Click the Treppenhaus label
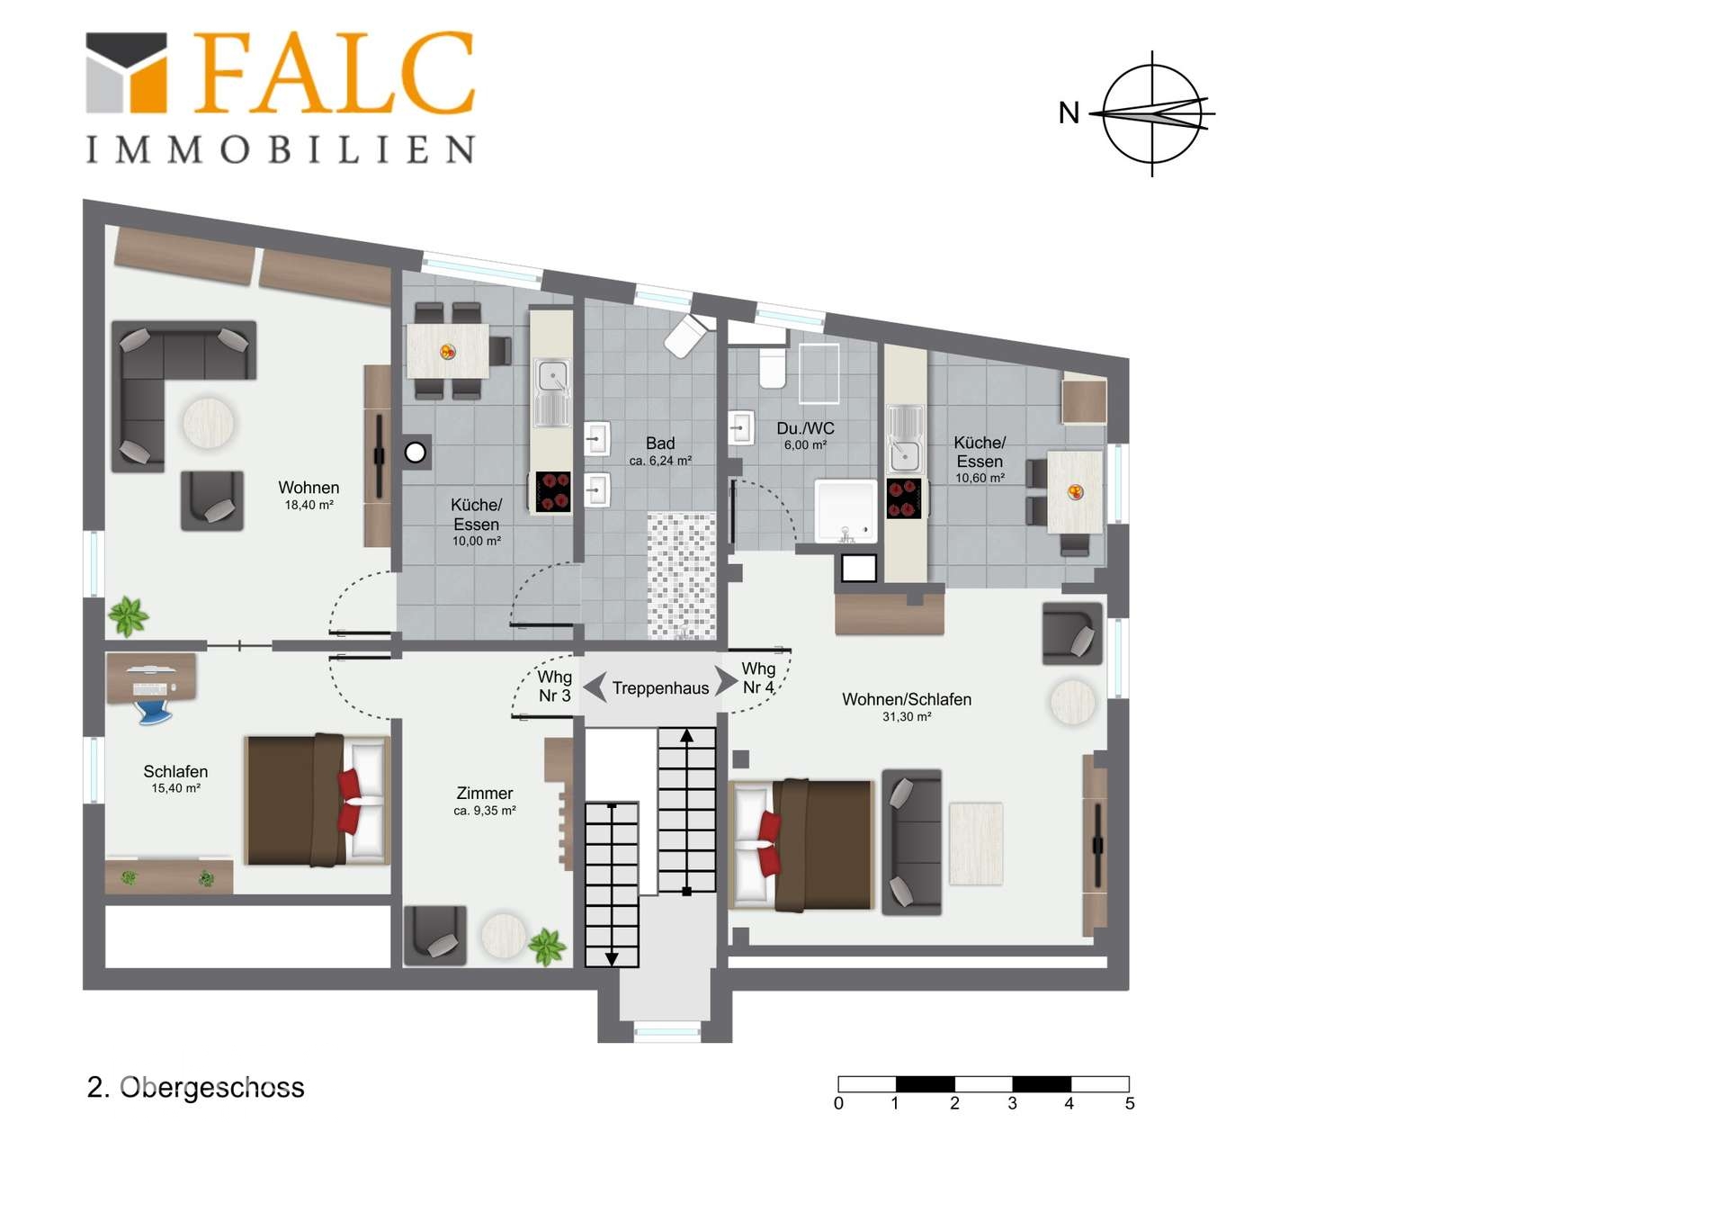(660, 688)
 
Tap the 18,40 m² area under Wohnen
(309, 506)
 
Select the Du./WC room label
(805, 429)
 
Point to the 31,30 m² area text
(907, 717)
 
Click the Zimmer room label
(485, 794)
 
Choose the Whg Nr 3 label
(554, 686)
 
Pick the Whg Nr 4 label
(758, 678)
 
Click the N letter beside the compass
(1069, 113)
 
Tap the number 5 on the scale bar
(1130, 1103)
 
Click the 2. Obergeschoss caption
(196, 1088)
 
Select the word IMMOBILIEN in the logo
(280, 149)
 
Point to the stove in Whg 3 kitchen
(552, 492)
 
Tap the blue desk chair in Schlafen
(154, 711)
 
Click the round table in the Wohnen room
(209, 423)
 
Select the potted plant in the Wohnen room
(128, 617)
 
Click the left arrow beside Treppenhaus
(595, 687)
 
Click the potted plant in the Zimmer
(547, 947)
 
